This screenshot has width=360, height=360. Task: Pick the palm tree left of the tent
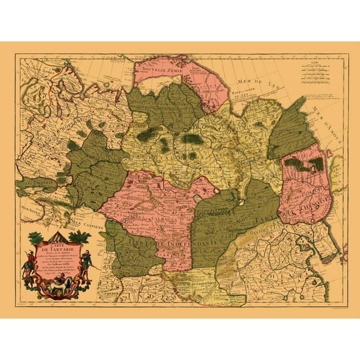click(x=35, y=237)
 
